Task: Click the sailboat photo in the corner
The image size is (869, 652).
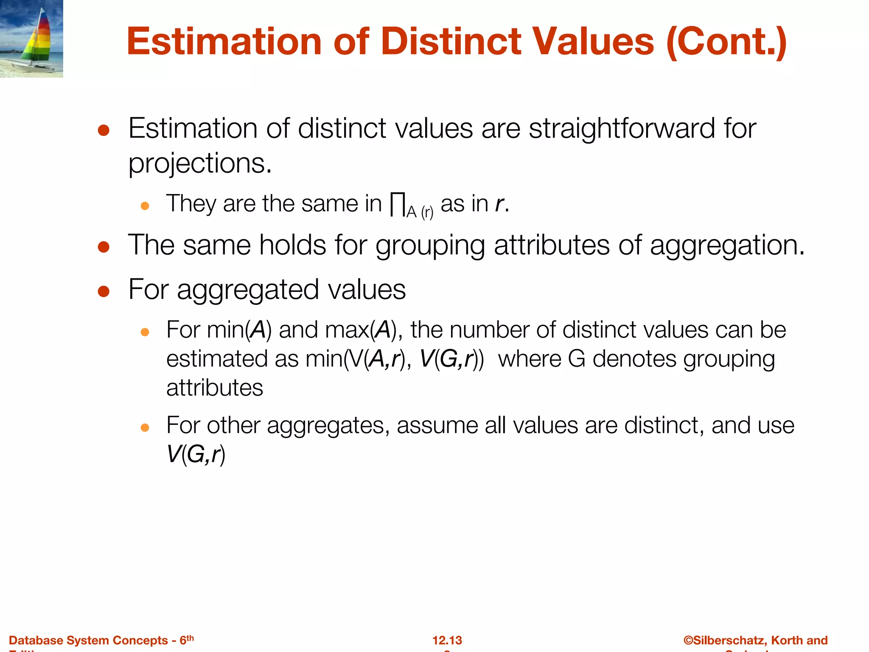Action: [31, 39]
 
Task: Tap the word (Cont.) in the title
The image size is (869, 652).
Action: [726, 42]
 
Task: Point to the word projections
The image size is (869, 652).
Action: [199, 164]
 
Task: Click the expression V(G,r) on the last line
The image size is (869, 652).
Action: [196, 454]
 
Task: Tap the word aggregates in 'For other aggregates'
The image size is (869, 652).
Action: [328, 425]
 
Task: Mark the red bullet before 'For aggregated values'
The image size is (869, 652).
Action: [104, 291]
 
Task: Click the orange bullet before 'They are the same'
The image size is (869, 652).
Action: [145, 206]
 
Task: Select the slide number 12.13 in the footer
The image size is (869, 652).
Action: [447, 640]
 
